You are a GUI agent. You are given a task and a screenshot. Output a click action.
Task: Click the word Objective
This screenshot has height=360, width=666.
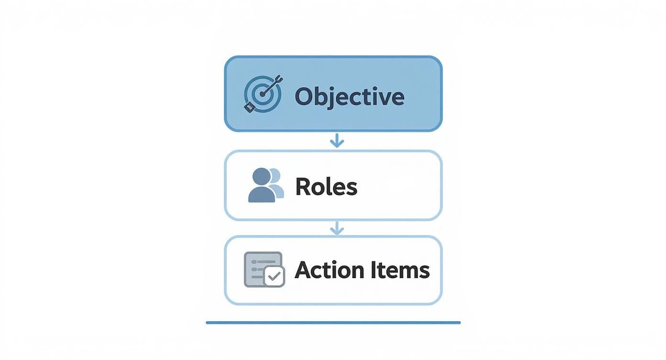pyautogui.click(x=349, y=96)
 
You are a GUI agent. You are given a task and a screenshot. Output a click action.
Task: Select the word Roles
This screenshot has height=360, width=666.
pyautogui.click(x=326, y=186)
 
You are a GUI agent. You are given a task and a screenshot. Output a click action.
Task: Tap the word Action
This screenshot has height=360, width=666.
pyautogui.click(x=329, y=270)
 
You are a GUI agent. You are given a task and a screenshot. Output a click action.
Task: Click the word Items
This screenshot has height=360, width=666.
pyautogui.click(x=400, y=270)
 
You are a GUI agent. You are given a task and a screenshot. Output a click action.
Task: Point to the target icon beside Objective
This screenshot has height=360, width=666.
pyautogui.click(x=262, y=94)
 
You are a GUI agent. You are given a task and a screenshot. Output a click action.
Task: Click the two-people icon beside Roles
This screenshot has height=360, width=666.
pyautogui.click(x=266, y=185)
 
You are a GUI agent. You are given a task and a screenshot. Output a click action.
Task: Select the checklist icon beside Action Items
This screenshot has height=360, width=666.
pyautogui.click(x=264, y=270)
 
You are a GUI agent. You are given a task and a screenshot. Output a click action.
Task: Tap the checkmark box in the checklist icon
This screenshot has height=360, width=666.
pyautogui.click(x=274, y=276)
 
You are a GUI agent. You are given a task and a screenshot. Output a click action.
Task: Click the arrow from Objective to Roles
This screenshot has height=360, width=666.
pyautogui.click(x=337, y=140)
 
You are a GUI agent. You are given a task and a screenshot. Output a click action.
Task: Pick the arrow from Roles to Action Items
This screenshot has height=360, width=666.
pyautogui.click(x=337, y=228)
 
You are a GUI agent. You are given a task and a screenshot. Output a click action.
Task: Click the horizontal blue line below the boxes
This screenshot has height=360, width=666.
pyautogui.click(x=333, y=323)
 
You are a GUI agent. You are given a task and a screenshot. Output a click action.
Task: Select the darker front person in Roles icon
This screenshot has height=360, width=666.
pyautogui.click(x=262, y=186)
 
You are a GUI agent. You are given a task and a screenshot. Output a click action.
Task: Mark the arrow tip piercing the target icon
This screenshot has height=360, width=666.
pyautogui.click(x=263, y=92)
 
